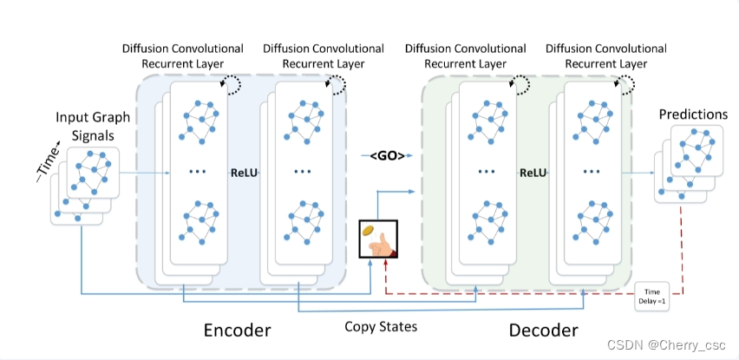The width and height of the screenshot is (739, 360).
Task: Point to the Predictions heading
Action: [x=693, y=115]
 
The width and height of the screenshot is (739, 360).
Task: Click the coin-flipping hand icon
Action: [x=378, y=240]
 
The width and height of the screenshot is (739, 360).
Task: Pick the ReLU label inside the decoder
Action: [x=533, y=173]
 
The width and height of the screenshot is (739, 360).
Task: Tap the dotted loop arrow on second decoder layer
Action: [x=626, y=83]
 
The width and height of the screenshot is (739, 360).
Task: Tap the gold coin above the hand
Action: [x=368, y=231]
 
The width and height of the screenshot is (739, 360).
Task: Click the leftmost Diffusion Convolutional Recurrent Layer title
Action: [x=182, y=56]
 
